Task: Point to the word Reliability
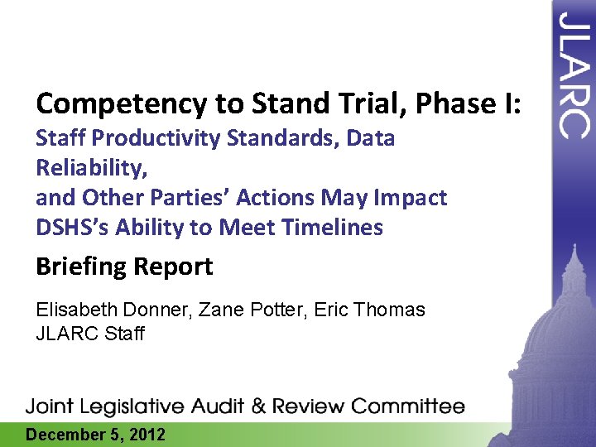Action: pos(89,169)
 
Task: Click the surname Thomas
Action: pos(390,310)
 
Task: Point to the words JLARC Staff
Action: pos(90,334)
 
